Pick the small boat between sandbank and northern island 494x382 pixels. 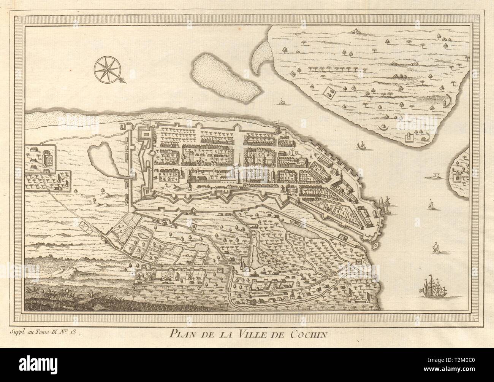pyautogui.click(x=282, y=101)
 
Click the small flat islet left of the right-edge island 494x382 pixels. pyautogui.click(x=435, y=176)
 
